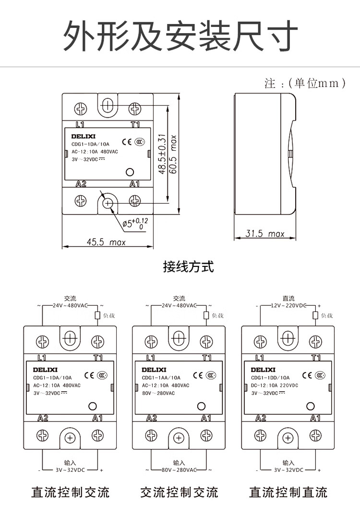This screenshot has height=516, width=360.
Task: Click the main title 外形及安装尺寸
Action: pyautogui.click(x=180, y=36)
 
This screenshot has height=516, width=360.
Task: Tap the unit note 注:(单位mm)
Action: pyautogui.click(x=305, y=84)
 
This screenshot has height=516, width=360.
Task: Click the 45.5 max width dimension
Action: pyautogui.click(x=106, y=242)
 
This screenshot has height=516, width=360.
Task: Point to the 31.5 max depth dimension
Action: pyautogui.click(x=265, y=234)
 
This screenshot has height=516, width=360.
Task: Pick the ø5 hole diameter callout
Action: pyautogui.click(x=135, y=223)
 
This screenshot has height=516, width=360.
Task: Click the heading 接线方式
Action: pyautogui.click(x=188, y=266)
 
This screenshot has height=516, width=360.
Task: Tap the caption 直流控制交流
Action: pyautogui.click(x=70, y=492)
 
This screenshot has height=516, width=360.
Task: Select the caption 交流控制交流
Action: pyautogui.click(x=179, y=492)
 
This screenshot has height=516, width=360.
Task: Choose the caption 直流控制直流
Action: pyautogui.click(x=288, y=492)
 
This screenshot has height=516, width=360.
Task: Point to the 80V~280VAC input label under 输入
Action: pyautogui.click(x=179, y=470)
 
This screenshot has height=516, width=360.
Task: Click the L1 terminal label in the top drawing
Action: pyautogui.click(x=80, y=124)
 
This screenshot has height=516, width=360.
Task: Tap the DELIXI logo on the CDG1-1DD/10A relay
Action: pyautogui.click(x=262, y=370)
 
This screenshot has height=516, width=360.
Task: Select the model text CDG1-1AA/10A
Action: pyautogui.click(x=161, y=378)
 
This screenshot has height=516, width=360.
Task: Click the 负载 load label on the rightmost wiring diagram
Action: pyautogui.click(x=326, y=315)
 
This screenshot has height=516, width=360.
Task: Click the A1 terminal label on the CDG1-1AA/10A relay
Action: pyautogui.click(x=206, y=418)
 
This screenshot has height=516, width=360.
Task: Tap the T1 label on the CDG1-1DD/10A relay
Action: pyautogui.click(x=315, y=358)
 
